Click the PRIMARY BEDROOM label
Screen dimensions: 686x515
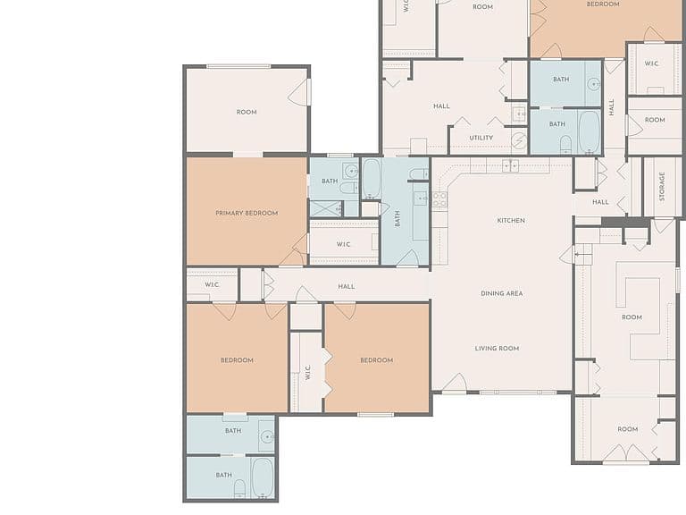(247, 214)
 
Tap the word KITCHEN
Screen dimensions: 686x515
(511, 220)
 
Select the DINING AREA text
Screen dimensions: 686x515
(502, 293)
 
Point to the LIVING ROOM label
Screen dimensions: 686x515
(497, 349)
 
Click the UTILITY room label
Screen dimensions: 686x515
(481, 138)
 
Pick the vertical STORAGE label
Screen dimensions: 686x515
(662, 187)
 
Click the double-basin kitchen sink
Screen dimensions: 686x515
(510, 166)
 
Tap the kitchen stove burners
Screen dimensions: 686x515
(439, 199)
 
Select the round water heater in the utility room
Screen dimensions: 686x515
(519, 141)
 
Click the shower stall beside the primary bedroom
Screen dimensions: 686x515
(326, 208)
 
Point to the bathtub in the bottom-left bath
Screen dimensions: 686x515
(263, 477)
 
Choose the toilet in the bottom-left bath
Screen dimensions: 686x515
(239, 489)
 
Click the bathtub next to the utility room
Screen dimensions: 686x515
(589, 131)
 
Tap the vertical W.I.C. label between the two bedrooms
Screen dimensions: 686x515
(307, 373)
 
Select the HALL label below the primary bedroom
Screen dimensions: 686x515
(346, 286)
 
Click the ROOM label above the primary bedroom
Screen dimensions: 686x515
(247, 112)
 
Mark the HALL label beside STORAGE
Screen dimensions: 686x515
(600, 202)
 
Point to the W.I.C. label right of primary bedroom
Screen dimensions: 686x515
(343, 244)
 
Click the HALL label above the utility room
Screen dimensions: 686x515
(441, 106)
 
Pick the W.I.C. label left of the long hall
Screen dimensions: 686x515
(212, 284)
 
